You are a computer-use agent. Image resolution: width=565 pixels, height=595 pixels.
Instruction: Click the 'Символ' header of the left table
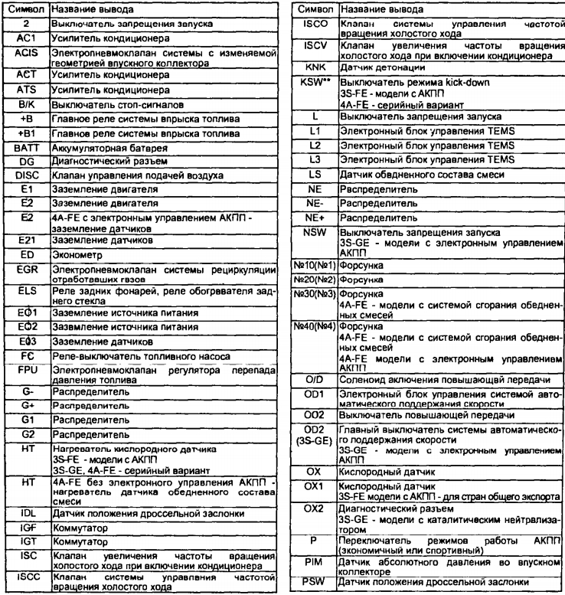click(x=24, y=9)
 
